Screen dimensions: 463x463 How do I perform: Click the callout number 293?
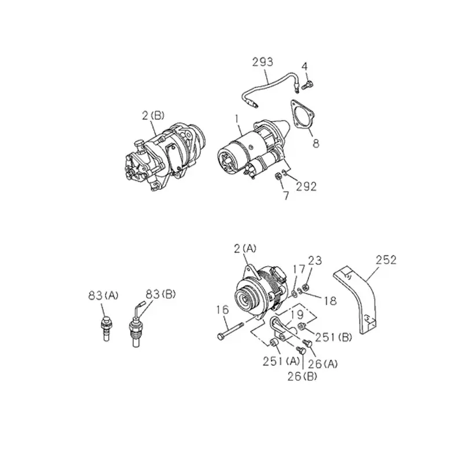[263, 62]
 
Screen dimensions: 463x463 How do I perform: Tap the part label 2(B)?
[153, 115]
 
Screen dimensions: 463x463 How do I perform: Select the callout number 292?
[306, 186]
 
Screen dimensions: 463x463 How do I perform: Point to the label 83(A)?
[103, 295]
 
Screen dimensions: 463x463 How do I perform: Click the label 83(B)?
[161, 295]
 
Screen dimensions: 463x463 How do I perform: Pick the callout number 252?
[386, 260]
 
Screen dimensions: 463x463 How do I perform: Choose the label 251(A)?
[281, 361]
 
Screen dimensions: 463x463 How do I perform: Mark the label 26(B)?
[302, 377]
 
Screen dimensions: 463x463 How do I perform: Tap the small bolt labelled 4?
[307, 86]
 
